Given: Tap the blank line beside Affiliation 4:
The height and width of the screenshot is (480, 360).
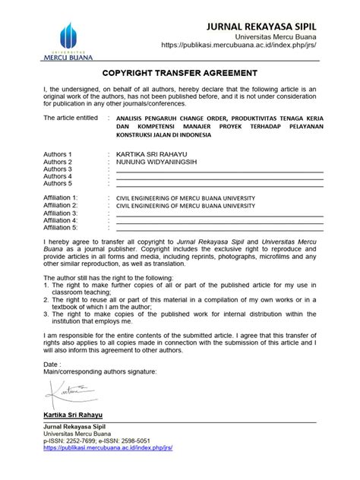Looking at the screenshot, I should point(220,220).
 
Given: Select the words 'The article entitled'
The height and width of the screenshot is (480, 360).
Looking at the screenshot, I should point(72,119).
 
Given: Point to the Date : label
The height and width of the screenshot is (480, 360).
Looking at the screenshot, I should point(53,365).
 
